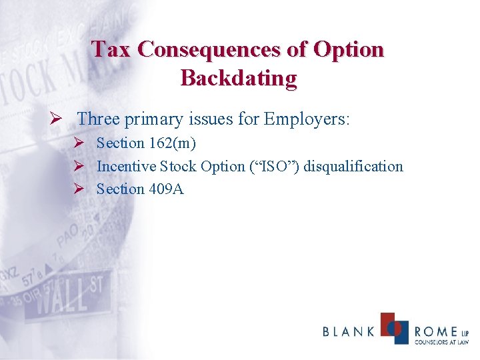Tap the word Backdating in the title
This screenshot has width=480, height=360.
[239, 78]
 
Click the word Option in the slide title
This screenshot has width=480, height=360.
[350, 49]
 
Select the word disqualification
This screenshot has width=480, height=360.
[354, 166]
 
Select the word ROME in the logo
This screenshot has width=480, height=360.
[435, 331]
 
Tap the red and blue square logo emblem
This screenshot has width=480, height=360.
[394, 327]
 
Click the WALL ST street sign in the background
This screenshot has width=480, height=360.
[70, 297]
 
